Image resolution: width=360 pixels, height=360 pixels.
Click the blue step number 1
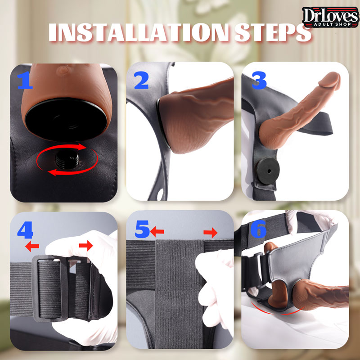tap(25, 80)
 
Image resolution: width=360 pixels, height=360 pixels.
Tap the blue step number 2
tap(142, 80)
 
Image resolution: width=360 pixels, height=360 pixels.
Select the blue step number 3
tap(259, 81)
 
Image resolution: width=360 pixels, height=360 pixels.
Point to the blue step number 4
tap(25, 230)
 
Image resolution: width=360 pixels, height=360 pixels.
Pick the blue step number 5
tap(142, 229)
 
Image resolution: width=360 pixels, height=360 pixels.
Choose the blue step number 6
tap(258, 229)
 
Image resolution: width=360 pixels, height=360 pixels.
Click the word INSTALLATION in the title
tap(139, 32)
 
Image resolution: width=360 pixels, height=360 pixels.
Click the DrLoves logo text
tap(331, 15)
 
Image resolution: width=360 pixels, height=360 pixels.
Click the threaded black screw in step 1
tap(67, 159)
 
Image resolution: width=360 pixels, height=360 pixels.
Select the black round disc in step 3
tap(268, 171)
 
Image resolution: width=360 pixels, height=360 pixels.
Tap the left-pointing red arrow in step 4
tap(32, 246)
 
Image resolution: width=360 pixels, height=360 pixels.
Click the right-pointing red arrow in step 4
tap(86, 245)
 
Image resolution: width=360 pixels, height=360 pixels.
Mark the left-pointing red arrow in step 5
tap(157, 231)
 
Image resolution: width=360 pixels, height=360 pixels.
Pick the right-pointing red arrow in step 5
tap(210, 233)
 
